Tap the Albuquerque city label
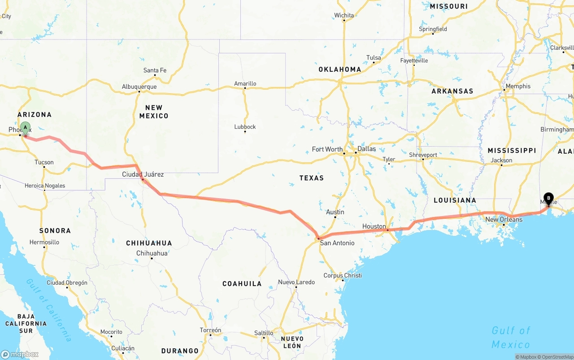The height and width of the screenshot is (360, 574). coord(139,87)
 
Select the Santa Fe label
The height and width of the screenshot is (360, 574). coord(155,70)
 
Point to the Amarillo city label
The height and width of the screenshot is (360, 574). coord(245,84)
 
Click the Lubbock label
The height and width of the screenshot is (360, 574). coord(245,127)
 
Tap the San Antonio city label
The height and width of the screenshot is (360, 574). coord(337,243)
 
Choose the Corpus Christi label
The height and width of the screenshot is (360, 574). coord(343,275)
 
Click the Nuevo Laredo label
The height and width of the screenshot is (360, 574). coord(296,282)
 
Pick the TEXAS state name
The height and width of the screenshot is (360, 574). coord(312,178)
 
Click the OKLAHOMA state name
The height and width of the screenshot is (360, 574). coord(339,69)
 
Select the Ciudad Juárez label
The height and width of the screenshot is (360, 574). coord(143,174)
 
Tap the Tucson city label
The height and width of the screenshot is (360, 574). coord(44,162)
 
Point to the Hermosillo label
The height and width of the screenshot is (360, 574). coord(44,242)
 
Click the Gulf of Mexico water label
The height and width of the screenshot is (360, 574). coord(511,337)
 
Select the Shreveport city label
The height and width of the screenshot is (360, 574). coord(423,155)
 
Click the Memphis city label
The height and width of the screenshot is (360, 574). coord(518,87)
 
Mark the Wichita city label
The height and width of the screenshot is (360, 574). coord(344,15)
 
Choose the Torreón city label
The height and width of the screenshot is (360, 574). coord(210,330)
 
